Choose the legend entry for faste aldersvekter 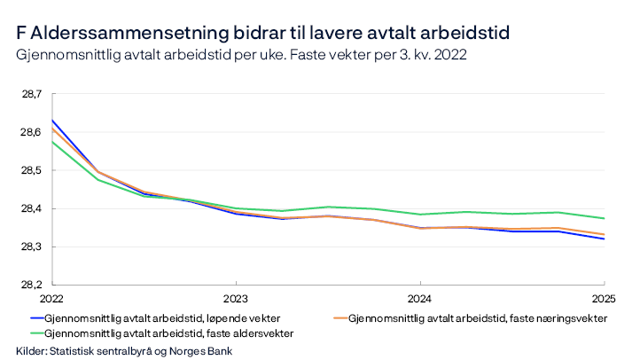[x=168, y=333]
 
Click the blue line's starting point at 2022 [x=51, y=120]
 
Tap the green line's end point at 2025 [x=604, y=218]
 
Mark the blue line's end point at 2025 [x=604, y=239]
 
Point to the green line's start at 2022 [x=51, y=142]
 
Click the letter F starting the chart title [x=20, y=33]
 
